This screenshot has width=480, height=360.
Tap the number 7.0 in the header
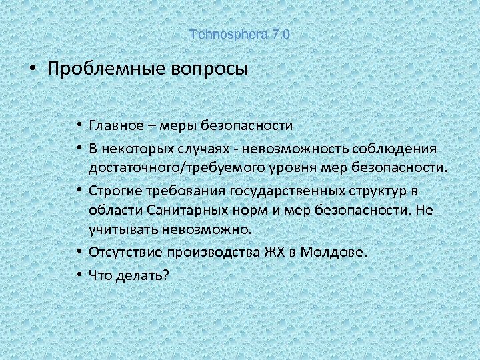coord(281,34)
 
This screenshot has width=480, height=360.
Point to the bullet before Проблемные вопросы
coord(31,69)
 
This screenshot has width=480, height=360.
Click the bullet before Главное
coord(79,125)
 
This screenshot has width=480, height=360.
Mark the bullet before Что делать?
coord(79,273)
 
